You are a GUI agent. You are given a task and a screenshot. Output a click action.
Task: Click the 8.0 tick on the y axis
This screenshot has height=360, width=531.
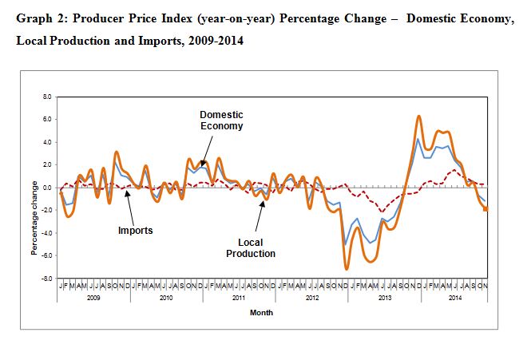tap(47, 97)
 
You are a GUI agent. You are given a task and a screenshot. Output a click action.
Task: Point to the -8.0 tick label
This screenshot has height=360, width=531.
tap(46, 279)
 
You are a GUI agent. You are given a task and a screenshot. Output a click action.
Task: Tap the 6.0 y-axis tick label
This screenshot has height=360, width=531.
tap(47, 120)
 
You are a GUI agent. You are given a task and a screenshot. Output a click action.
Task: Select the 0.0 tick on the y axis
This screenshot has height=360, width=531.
tap(47, 188)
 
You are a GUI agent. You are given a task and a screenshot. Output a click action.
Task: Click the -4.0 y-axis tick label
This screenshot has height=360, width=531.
tap(46, 233)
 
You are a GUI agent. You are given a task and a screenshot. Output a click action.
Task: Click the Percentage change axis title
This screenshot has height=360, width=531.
tap(34, 218)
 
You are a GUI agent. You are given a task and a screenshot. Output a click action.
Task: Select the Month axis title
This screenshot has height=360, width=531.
tap(261, 313)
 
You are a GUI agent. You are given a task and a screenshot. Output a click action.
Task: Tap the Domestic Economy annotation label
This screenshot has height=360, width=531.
tap(221, 120)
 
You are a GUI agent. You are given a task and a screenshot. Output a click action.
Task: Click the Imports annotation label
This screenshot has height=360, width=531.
tap(135, 231)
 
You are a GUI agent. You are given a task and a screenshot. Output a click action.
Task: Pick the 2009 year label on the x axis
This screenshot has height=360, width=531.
tap(93, 297)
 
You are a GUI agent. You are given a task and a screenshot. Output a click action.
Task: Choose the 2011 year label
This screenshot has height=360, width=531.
tap(237, 297)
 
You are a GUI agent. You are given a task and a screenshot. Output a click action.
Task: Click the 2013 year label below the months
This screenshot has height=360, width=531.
tap(385, 297)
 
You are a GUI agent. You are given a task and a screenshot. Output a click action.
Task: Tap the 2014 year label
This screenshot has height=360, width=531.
tap(455, 297)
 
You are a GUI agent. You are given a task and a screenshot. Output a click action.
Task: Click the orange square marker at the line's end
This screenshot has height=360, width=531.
tap(485, 208)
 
